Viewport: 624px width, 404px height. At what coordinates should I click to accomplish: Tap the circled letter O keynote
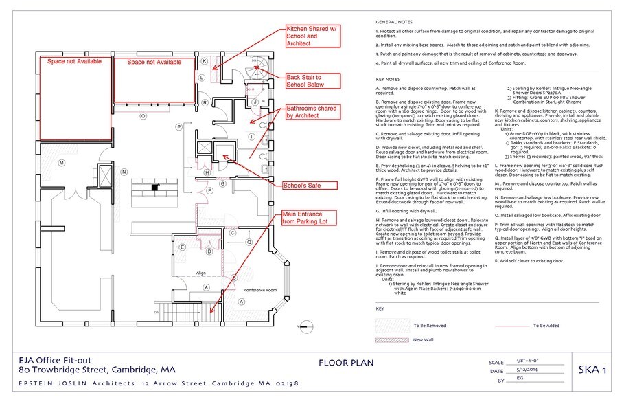(x=143, y=116)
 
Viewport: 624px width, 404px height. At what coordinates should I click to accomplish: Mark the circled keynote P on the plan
(x=178, y=126)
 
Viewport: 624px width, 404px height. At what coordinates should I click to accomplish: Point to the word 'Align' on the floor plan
(x=200, y=273)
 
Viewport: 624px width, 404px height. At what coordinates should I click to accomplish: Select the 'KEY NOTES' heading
(x=389, y=79)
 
